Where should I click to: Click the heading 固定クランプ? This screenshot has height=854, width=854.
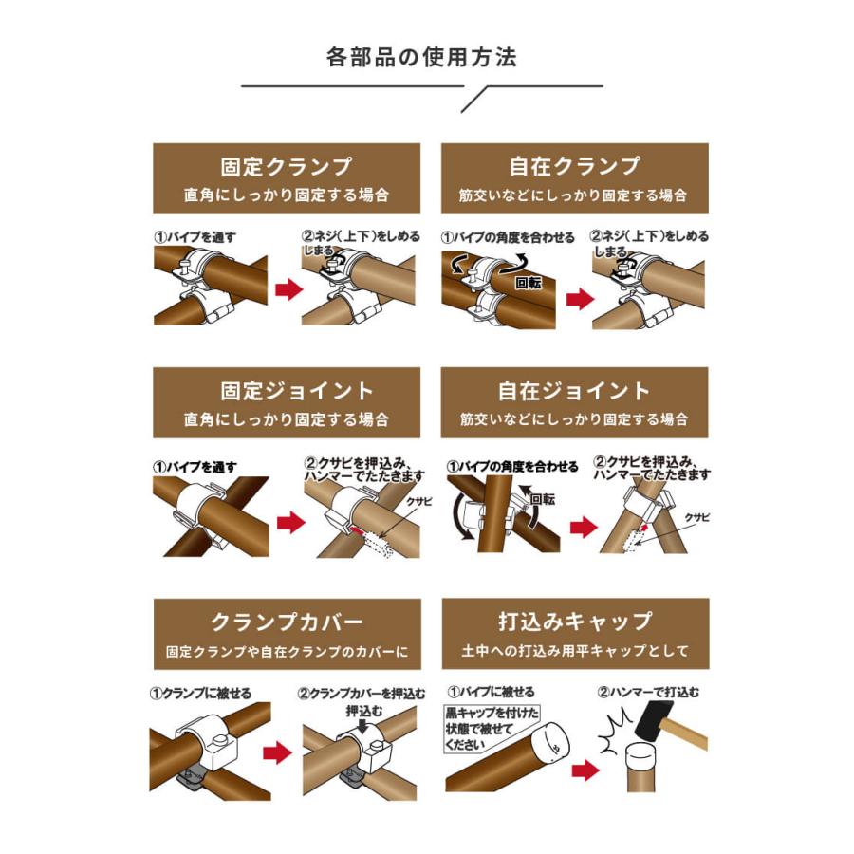click(286, 167)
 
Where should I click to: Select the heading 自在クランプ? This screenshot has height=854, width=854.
click(574, 167)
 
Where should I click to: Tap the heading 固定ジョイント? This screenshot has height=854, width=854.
click(286, 391)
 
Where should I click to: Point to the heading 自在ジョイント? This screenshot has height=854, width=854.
click(574, 391)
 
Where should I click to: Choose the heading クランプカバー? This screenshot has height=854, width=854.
click(286, 622)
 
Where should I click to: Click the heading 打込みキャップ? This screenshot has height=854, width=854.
click(574, 622)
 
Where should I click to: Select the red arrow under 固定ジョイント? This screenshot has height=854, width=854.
click(290, 521)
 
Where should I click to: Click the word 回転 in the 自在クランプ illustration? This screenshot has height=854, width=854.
click(528, 282)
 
